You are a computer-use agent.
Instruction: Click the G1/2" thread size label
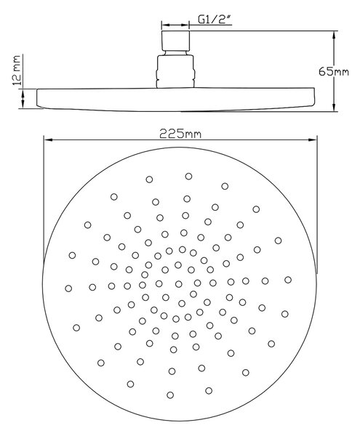pyautogui.click(x=215, y=20)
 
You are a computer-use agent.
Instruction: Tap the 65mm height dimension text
pyautogui.click(x=334, y=71)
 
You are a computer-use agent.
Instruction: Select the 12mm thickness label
pyautogui.click(x=17, y=70)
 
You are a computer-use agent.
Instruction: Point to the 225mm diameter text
pyautogui.click(x=180, y=134)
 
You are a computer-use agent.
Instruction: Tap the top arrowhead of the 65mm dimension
pyautogui.click(x=334, y=36)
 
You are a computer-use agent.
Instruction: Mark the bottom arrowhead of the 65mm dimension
pyautogui.click(x=334, y=107)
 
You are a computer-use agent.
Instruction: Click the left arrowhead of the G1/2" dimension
pyautogui.click(x=165, y=25)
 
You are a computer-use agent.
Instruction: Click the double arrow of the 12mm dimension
pyautogui.click(x=23, y=99)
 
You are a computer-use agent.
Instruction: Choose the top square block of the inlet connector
pyautogui.click(x=175, y=41)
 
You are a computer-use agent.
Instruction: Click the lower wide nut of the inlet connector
pyautogui.click(x=175, y=72)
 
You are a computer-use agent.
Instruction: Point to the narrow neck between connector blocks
pyautogui.click(x=175, y=53)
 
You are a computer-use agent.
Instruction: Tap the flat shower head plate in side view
pyautogui.click(x=176, y=100)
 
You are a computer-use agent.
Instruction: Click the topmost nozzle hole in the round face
pyautogui.click(x=188, y=176)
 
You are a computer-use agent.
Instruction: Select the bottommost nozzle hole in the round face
pyautogui.click(x=170, y=395)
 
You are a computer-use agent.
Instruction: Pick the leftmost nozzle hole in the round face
pyautogui.click(x=68, y=288)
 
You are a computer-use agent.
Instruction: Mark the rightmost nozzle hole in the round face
pyautogui.click(x=288, y=280)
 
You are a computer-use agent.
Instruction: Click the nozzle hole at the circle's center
pyautogui.click(x=179, y=284)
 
